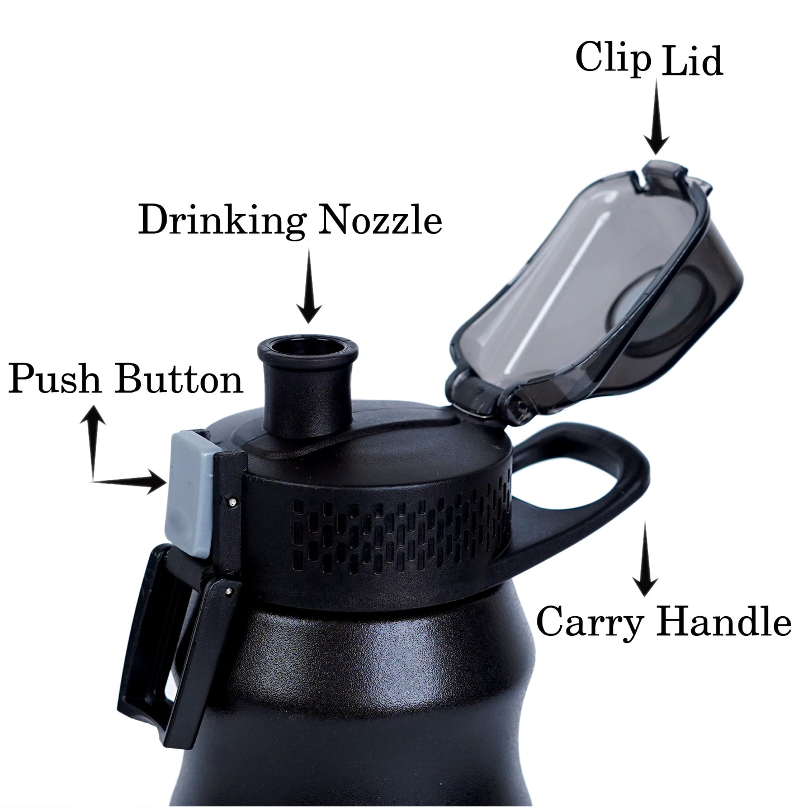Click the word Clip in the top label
pos(613,59)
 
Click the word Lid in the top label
pos(692,59)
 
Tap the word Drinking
pos(222,220)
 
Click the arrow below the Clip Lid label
pos(656,117)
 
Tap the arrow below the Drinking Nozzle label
pos(309,285)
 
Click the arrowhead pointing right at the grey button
pos(155,482)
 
